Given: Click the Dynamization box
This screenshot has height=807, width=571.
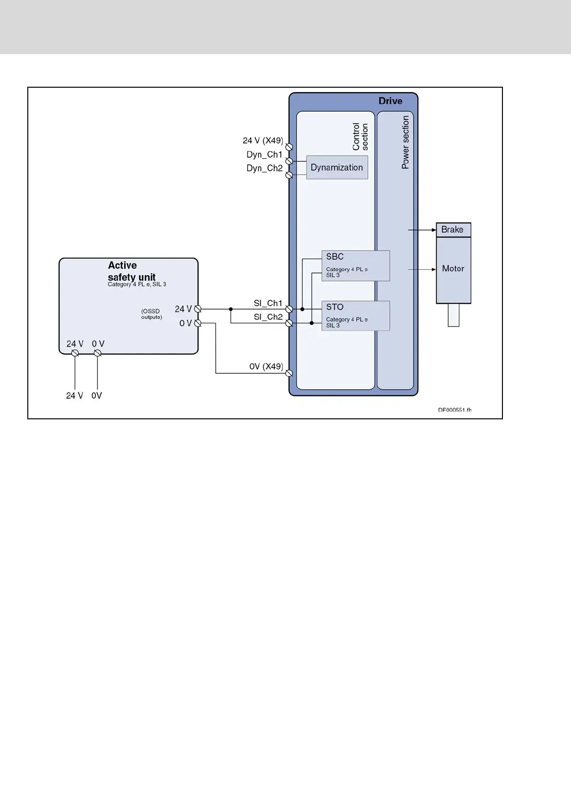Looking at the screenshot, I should point(337,167).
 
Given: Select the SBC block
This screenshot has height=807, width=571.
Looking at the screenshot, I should point(355,265).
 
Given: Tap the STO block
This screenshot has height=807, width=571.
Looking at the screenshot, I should point(355,315).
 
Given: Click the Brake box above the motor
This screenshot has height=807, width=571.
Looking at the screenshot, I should point(453,230).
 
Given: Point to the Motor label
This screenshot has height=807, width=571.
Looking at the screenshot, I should point(453,269).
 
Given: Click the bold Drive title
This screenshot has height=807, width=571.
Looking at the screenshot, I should point(390,101).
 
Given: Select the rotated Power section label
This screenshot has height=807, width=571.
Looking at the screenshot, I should point(406,142).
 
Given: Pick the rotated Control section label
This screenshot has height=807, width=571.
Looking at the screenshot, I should point(360,137).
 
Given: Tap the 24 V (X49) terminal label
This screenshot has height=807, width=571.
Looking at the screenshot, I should point(263,140).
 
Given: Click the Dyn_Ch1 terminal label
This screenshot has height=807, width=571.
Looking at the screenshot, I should point(265,154).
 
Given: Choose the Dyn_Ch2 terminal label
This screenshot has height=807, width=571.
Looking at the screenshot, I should point(265,168).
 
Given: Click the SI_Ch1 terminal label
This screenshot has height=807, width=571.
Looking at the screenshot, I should point(268,303).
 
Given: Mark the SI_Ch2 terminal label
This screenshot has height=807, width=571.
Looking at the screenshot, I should point(268,317).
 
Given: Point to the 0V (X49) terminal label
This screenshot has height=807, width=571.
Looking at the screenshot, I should point(266,367).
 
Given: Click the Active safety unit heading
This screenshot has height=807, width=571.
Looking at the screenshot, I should point(131,271).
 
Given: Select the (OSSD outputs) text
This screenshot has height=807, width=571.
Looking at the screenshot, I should point(151,314).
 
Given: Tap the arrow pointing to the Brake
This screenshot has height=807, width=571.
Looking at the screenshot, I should point(422,230).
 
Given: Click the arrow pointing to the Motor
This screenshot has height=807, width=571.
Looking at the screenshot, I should point(422,269).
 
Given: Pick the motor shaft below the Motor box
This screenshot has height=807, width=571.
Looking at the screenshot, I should point(454,315).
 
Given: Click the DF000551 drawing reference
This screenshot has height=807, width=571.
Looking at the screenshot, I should point(454,410).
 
